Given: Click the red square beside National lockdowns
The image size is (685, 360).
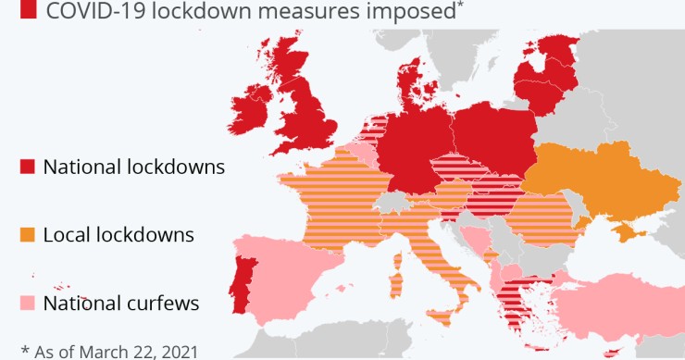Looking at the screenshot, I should tap(27, 168).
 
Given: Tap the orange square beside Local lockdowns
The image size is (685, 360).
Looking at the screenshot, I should tap(27, 235).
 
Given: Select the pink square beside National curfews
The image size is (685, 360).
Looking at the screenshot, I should tap(27, 303).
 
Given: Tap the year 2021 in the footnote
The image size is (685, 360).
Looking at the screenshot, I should tap(175, 351).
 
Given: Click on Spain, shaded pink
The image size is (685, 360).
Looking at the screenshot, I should tap(287, 278).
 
